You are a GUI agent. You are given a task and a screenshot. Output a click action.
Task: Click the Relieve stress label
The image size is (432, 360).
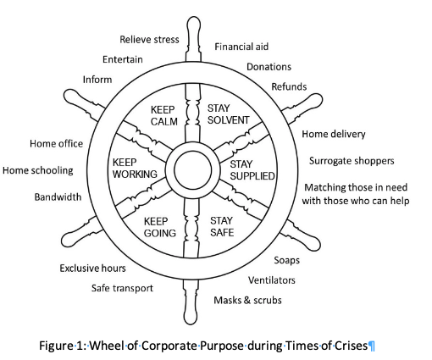coord(149,40)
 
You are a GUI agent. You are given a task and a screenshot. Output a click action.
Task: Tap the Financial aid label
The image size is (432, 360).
coord(241,47)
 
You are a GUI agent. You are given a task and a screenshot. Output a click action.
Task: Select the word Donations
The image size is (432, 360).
coord(269,67)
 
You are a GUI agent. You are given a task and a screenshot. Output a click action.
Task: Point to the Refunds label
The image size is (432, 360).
coord(289,86)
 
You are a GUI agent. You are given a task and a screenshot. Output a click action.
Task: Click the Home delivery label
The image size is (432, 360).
coord(334,134)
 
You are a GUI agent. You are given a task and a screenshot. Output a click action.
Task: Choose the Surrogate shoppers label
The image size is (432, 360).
coord(352,161)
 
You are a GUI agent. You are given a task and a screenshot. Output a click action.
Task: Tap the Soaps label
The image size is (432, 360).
coord(286,260)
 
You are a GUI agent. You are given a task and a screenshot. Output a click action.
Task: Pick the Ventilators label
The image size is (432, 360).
coord(272,280)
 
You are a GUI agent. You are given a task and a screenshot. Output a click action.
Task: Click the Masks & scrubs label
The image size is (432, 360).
coord(247,300)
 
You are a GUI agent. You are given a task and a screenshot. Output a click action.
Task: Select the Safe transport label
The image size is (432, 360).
coord(122,288)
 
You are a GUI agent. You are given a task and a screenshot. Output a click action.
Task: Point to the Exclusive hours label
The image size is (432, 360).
coord(92,269)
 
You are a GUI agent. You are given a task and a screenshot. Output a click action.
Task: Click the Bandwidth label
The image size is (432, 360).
coord(58,197)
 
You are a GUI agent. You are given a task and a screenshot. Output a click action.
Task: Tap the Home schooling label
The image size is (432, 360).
coord(38,170)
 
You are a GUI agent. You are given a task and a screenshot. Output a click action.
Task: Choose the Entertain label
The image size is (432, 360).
coord(123,59)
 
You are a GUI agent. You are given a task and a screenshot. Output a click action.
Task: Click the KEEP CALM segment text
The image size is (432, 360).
coord(164,116)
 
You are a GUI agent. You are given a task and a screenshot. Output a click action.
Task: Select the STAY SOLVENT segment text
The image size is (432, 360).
coord(228,114)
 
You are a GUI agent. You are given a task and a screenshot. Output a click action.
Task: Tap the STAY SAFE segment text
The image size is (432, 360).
coord(222,226)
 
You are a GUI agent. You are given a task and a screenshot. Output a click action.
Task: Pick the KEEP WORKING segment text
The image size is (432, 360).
coord(135,169)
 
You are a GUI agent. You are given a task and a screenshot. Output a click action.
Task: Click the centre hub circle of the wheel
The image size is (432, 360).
coord(193,169)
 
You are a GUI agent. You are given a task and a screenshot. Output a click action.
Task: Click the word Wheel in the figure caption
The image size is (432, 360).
coord(107,346)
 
